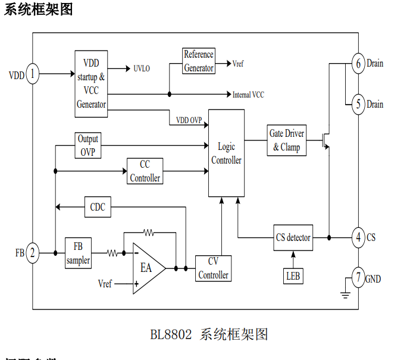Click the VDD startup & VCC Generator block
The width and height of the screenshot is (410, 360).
pyautogui.click(x=91, y=84)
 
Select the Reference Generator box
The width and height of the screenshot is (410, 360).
pyautogui.click(x=198, y=61)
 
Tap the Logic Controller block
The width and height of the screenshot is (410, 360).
pyautogui.click(x=226, y=153)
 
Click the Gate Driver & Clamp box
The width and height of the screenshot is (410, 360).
pyautogui.click(x=286, y=140)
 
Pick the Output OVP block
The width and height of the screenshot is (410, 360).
pyautogui.click(x=87, y=145)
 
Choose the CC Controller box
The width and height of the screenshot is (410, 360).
pyautogui.click(x=145, y=171)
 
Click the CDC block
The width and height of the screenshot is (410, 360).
pyautogui.click(x=98, y=206)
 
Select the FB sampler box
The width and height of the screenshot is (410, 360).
pyautogui.click(x=77, y=253)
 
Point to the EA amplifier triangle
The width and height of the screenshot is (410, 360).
pyautogui.click(x=146, y=268)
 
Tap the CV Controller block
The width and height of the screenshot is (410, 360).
pyautogui.click(x=213, y=268)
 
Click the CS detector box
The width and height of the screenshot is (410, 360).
pyautogui.click(x=293, y=237)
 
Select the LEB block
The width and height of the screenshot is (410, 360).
pyautogui.click(x=293, y=276)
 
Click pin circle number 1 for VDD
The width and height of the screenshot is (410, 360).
pyautogui.click(x=33, y=75)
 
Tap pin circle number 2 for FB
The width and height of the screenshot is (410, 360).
pyautogui.click(x=33, y=253)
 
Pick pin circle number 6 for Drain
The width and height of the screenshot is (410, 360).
pyautogui.click(x=358, y=63)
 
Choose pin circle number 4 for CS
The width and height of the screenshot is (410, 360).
pyautogui.click(x=358, y=237)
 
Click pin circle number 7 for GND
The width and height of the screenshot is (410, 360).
pyautogui.click(x=358, y=278)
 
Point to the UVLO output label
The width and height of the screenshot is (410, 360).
pyautogui.click(x=142, y=68)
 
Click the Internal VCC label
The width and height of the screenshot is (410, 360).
pyautogui.click(x=248, y=95)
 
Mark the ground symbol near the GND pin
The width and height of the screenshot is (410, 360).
pyautogui.click(x=344, y=292)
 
